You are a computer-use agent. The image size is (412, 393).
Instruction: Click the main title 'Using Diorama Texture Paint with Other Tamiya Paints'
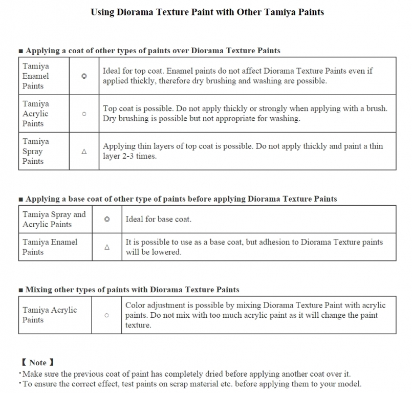coord(207,12)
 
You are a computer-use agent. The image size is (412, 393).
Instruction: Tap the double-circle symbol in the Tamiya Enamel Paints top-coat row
coord(84,76)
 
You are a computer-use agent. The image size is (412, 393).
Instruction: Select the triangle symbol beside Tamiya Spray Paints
coord(84,151)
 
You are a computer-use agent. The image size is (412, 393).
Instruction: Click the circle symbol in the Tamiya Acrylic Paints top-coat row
coord(84,114)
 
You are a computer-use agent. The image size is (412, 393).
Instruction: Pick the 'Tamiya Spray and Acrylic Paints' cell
coord(54,220)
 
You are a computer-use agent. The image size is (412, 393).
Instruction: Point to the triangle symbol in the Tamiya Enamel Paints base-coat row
coord(107,247)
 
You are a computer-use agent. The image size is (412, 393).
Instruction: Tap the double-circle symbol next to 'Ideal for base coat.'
coord(107,220)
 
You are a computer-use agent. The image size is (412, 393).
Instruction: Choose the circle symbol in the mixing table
coord(107,315)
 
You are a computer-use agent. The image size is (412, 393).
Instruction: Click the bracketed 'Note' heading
coord(39,363)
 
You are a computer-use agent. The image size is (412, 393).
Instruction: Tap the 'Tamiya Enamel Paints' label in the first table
coord(36,76)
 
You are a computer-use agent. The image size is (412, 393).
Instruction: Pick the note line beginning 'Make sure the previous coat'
coord(187,374)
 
